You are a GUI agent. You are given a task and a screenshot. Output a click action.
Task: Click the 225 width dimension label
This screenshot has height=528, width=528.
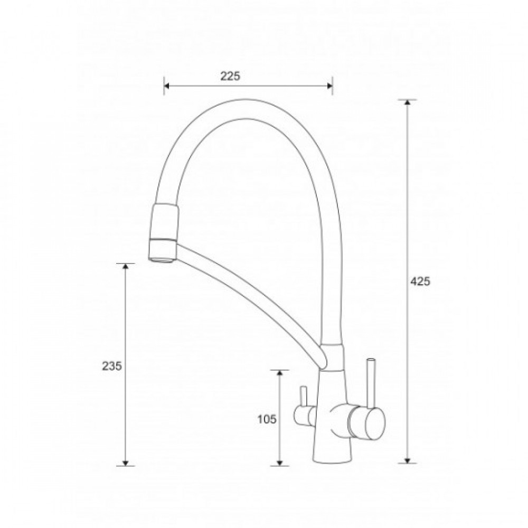tap(230, 77)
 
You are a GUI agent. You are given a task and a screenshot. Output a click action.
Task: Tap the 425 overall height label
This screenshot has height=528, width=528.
tap(420, 281)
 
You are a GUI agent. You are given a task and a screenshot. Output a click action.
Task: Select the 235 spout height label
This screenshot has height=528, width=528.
tap(112, 366)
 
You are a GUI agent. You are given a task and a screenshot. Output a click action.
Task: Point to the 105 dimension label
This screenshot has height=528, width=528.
tap(267, 419)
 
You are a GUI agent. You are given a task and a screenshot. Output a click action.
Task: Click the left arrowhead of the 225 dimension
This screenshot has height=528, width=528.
tap(167, 86)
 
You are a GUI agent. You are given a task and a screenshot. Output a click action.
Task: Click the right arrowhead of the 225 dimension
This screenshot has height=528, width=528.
tap(329, 86)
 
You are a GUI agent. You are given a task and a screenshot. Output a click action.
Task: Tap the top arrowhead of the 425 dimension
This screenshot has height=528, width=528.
tap(408, 103)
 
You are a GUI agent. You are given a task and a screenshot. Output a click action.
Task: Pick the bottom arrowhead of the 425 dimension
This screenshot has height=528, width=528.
tap(408, 460)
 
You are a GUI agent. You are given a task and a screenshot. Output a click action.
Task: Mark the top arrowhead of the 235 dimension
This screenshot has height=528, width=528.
tap(125, 267)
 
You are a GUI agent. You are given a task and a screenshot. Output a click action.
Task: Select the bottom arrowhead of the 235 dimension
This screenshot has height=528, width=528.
tap(125, 463)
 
